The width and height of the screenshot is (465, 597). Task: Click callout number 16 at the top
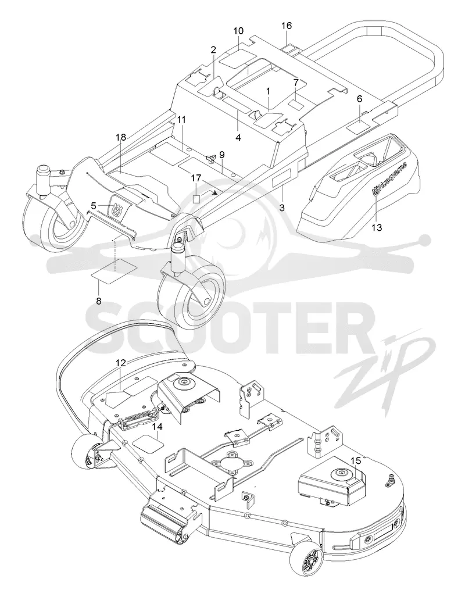point(287,26)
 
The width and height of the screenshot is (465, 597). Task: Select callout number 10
point(238,30)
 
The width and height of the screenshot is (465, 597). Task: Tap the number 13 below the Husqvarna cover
point(377,227)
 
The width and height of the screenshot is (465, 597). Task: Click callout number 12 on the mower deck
point(121,363)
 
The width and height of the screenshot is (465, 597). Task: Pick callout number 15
point(355,460)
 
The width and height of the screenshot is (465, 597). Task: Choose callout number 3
point(282,208)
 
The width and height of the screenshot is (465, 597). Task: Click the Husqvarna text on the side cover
point(390,178)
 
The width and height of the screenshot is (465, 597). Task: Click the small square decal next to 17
point(196,199)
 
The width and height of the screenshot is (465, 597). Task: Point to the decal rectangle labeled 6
point(360,126)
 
